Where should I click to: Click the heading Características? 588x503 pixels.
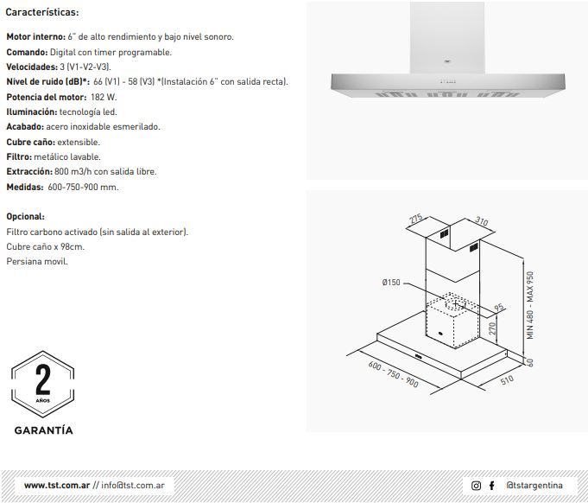click(x=42, y=12)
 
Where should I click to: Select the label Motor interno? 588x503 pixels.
click(x=36, y=37)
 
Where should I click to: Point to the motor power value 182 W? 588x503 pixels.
click(x=104, y=97)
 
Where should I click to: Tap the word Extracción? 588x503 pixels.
click(x=29, y=171)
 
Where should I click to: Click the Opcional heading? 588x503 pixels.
click(x=26, y=217)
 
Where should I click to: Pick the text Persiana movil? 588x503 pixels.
click(x=37, y=261)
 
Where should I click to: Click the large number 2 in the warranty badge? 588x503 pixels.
click(x=43, y=379)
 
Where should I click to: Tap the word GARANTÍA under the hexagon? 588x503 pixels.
click(x=43, y=430)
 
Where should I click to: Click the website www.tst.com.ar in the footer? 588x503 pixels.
click(x=57, y=485)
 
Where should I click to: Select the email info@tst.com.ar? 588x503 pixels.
click(x=133, y=485)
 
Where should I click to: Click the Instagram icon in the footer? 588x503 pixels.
click(x=476, y=486)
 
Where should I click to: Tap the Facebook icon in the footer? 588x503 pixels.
click(x=491, y=486)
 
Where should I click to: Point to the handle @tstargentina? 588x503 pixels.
click(x=534, y=486)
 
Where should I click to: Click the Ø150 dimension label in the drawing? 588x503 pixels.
click(x=391, y=283)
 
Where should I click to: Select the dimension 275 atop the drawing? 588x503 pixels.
click(x=415, y=219)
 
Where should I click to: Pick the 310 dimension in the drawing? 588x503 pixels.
click(x=482, y=220)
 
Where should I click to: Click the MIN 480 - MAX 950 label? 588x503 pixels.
click(x=530, y=305)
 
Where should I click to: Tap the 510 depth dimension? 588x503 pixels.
click(x=507, y=380)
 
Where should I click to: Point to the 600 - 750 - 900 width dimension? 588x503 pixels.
click(x=393, y=374)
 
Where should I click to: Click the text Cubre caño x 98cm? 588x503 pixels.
click(x=46, y=246)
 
